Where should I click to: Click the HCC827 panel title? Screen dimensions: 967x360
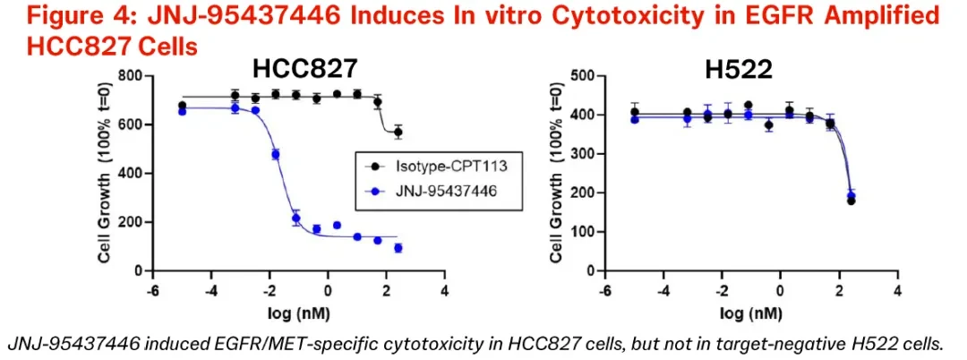[x=304, y=68]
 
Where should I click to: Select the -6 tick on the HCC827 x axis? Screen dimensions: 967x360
[x=152, y=290]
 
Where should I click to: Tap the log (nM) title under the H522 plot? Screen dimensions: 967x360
[x=751, y=313]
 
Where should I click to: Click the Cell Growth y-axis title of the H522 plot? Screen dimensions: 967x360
[x=557, y=173]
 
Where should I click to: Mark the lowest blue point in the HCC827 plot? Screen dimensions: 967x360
[x=398, y=248]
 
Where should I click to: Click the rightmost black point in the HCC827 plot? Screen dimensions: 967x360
[x=398, y=132]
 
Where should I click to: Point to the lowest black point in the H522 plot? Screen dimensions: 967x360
[x=851, y=201]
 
